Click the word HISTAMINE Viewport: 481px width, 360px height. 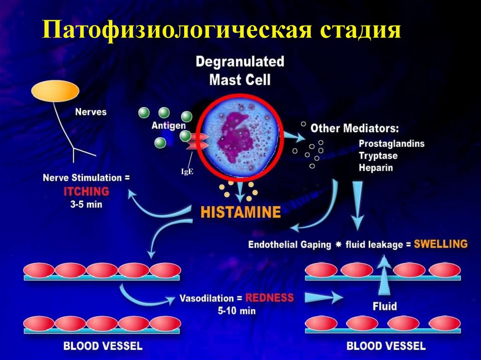pos(240,212)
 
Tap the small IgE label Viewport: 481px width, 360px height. pos(187,172)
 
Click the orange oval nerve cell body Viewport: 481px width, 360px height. pos(55,91)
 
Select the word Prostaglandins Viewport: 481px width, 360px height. pos(391,144)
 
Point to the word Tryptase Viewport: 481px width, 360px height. pos(378,155)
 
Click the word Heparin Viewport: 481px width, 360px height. pos(375,167)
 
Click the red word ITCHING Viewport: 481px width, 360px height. pos(86,191)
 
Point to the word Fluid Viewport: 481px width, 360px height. pos(385,306)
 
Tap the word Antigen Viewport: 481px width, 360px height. pos(169,126)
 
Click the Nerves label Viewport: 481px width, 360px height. pos(91,112)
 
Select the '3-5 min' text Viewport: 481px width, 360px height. pos(86,205)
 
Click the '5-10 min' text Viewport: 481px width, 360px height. pos(236,310)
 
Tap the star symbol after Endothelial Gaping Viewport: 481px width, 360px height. pos(338,245)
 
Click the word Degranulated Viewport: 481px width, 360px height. pos(240,61)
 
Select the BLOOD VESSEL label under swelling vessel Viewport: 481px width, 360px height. pos(385,346)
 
